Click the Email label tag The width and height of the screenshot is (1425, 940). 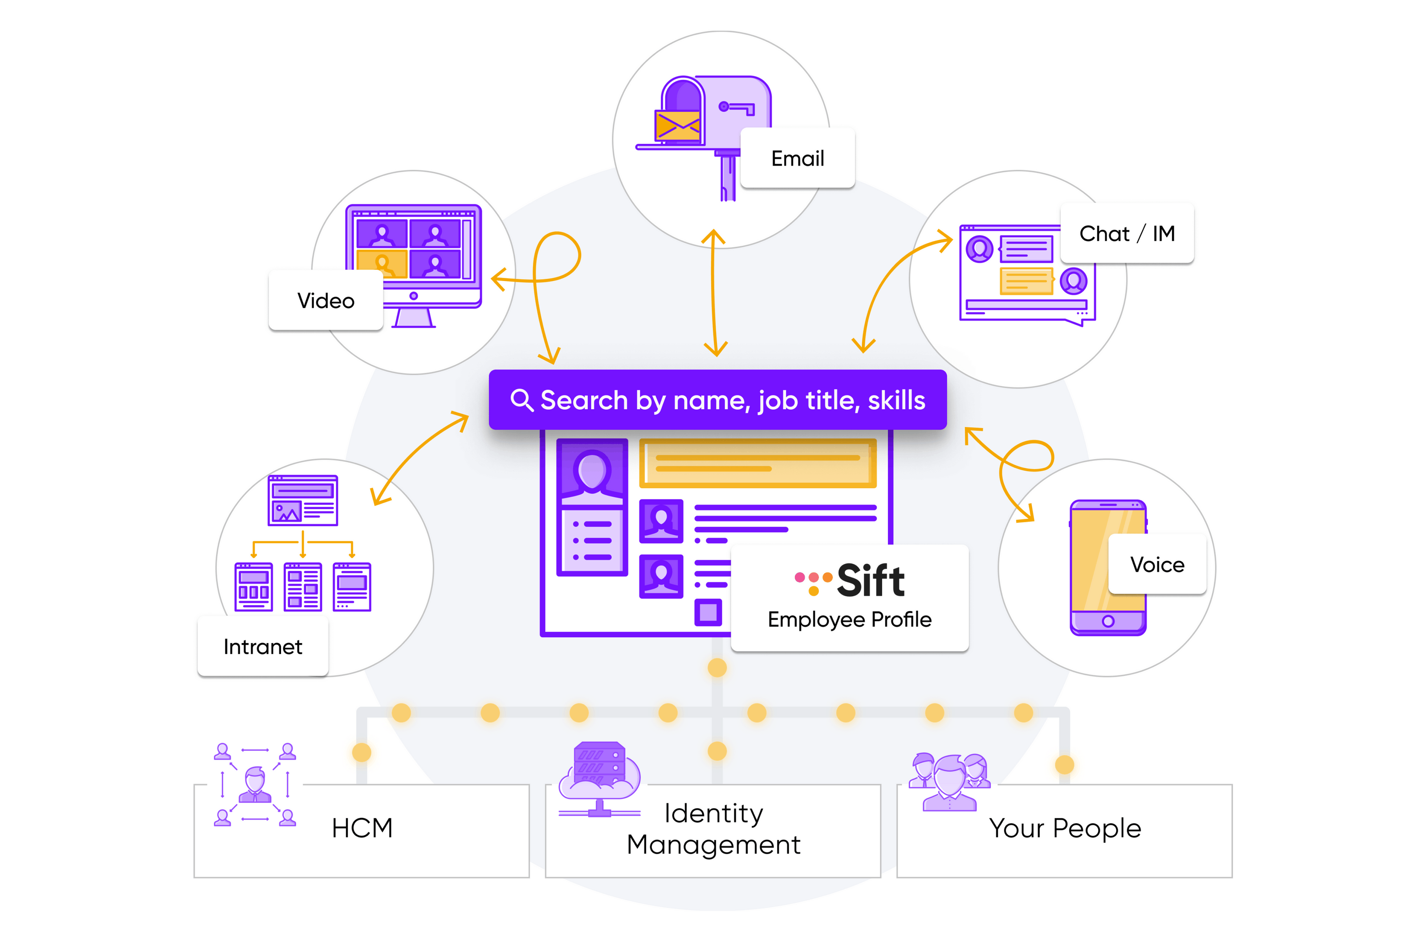(x=797, y=158)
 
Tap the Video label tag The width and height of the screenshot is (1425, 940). (x=326, y=300)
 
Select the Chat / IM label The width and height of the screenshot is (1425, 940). (x=1127, y=233)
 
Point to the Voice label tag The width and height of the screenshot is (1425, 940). (x=1156, y=564)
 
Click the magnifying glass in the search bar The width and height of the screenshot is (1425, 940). (x=521, y=400)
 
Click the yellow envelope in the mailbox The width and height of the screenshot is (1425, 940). (x=677, y=125)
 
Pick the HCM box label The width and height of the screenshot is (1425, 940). (x=362, y=828)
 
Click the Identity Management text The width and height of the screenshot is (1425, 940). (x=713, y=829)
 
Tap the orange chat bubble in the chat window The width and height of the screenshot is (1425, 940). (x=1026, y=281)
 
